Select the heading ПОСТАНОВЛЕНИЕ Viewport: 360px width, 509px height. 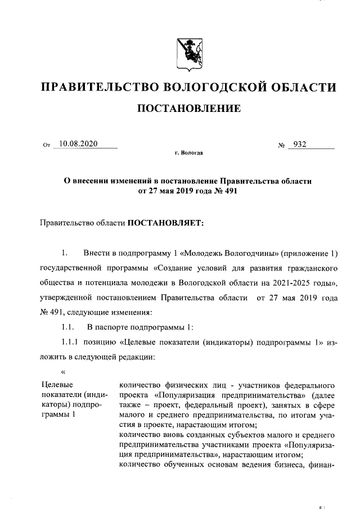pyautogui.click(x=189, y=108)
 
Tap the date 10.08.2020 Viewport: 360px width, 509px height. pyautogui.click(x=79, y=144)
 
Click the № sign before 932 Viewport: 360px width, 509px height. pyautogui.click(x=282, y=146)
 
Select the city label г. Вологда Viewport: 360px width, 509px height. pyautogui.click(x=189, y=153)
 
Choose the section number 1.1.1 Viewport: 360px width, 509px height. pyautogui.click(x=71, y=343)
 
